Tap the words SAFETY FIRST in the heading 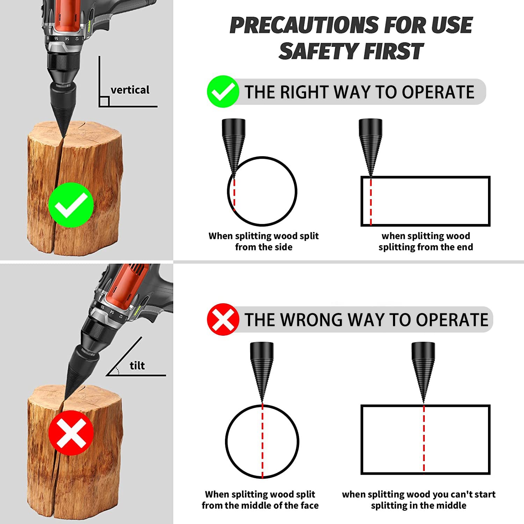(351, 51)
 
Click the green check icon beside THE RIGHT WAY (223, 92)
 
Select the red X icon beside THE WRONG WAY (223, 319)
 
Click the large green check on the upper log (71, 205)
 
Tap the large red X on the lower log (71, 433)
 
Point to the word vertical (130, 90)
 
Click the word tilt (137, 366)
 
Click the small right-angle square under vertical (104, 101)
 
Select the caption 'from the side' (263, 247)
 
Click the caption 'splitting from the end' (425, 247)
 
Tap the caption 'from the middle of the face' (260, 505)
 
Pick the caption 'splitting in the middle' (419, 505)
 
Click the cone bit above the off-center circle (233, 143)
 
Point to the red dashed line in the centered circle (262, 442)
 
